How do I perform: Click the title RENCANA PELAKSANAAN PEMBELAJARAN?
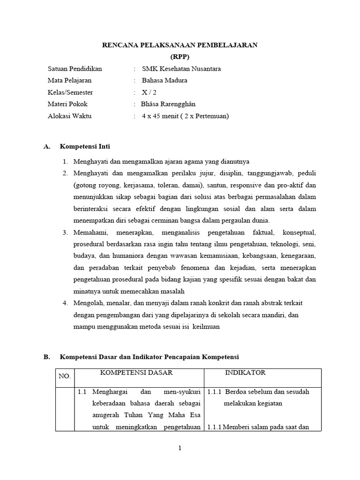(x=180, y=45)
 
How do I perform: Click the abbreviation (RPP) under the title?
(x=180, y=57)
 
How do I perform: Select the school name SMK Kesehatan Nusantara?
(x=181, y=69)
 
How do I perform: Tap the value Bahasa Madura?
(x=164, y=81)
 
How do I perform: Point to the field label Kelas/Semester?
(x=70, y=92)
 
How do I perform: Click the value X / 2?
(x=149, y=92)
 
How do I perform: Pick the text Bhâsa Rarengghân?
(x=168, y=104)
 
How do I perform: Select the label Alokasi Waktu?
(x=69, y=116)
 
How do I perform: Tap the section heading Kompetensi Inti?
(x=85, y=147)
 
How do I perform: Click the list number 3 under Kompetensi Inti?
(x=65, y=232)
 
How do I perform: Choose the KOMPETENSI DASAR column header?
(x=136, y=373)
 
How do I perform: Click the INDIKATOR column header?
(x=245, y=373)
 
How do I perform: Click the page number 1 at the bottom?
(x=180, y=448)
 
